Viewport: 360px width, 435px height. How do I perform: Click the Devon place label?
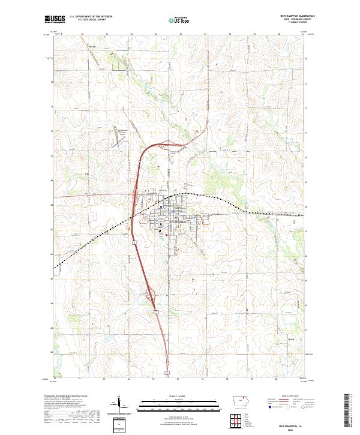tap(92, 46)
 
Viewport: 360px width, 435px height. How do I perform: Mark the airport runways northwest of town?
tap(119, 139)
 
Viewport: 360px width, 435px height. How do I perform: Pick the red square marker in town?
tap(166, 235)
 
